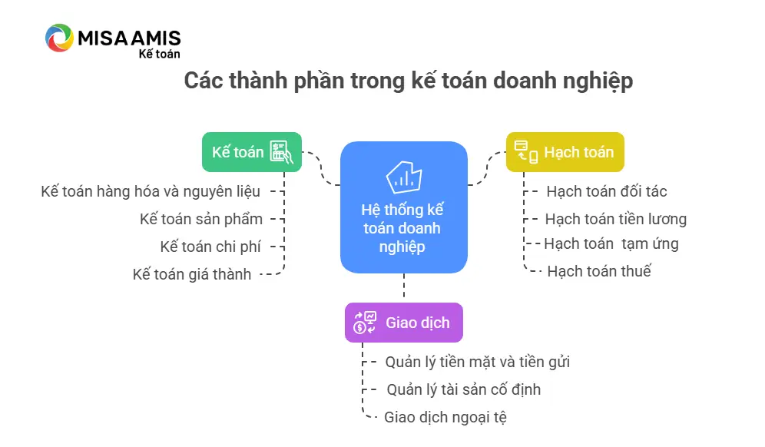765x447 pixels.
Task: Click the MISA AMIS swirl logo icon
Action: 59,38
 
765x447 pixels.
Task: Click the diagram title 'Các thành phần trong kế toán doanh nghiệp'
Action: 409,81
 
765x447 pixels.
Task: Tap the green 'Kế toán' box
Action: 252,152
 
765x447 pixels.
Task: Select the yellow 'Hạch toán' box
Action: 565,152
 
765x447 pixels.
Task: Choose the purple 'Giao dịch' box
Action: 404,323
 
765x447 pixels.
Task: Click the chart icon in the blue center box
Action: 404,177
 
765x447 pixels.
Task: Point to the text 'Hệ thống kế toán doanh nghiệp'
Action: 402,228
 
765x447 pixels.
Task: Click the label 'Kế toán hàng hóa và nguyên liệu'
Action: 151,191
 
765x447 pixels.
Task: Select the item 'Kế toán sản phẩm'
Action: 201,219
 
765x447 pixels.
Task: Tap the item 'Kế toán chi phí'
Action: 210,247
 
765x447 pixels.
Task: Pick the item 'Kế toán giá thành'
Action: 192,274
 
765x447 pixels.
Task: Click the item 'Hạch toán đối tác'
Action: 607,191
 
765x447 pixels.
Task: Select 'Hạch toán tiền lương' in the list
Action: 616,219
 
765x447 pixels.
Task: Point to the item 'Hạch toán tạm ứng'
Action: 611,243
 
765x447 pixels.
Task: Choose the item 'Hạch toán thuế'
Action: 599,271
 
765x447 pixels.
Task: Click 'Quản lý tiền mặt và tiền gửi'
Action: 478,362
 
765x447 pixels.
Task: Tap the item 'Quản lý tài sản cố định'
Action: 463,389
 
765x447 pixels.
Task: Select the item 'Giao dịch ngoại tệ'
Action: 445,417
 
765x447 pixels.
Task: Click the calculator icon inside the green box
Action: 282,152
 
